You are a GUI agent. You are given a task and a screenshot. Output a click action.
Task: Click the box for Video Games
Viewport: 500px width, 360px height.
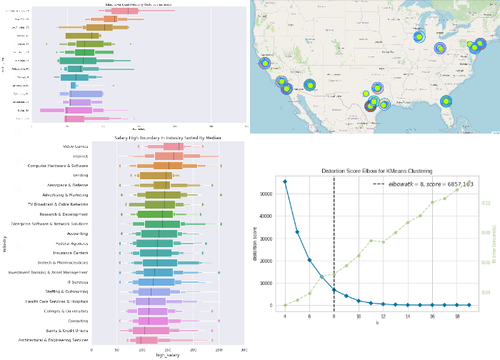pos(169,146)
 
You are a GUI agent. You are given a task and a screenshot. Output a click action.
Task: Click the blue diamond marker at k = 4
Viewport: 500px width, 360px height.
pos(285,181)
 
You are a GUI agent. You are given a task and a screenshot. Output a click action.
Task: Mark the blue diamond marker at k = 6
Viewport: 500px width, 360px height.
pos(309,260)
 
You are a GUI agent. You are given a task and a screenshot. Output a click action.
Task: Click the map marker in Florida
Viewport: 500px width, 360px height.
pos(446,102)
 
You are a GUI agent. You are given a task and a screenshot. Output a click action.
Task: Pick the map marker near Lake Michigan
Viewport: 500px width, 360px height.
pos(419,36)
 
